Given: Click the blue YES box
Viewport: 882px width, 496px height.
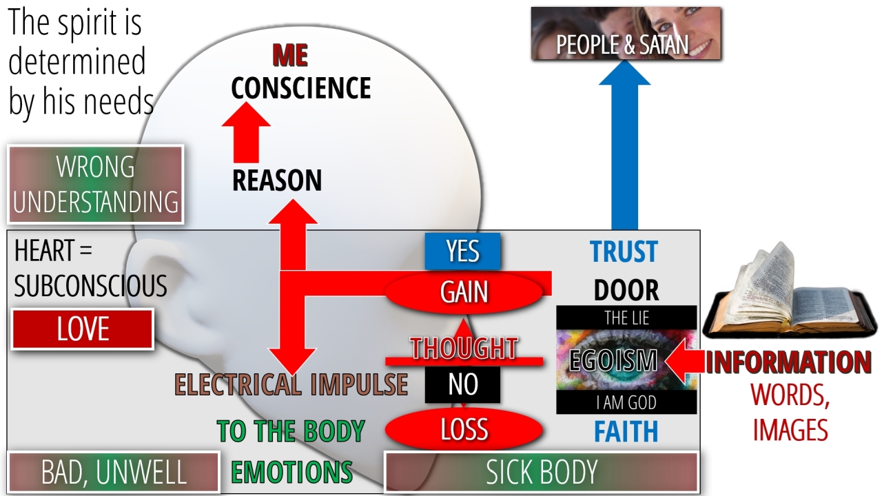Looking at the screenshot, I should coord(462,251).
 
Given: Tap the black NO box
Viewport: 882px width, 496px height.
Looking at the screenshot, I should coord(462,384).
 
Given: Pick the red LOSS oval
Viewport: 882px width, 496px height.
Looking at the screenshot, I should coord(464,429).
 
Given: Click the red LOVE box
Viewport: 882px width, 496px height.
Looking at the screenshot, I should coord(83,329).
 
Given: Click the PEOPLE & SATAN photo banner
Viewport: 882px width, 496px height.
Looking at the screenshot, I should coord(626,34).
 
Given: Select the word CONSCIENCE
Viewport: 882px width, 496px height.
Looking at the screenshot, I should coord(301,88).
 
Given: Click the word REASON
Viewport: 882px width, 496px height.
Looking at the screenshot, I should coord(277,180).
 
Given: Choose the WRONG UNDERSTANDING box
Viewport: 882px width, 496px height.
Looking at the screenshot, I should coord(96,184).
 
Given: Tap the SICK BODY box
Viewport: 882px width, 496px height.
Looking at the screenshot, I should coord(542,473).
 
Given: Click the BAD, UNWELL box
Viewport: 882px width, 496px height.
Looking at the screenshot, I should coord(114,473).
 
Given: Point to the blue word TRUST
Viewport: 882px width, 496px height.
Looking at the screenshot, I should coord(624,252).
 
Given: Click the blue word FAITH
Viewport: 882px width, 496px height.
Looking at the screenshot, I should coord(626,432).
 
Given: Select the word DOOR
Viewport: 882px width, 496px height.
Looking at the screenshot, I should coord(626,291).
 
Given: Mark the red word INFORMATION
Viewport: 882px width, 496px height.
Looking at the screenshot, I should coord(788,362).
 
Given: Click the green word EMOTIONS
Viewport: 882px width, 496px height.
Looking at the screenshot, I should coord(291,473).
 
